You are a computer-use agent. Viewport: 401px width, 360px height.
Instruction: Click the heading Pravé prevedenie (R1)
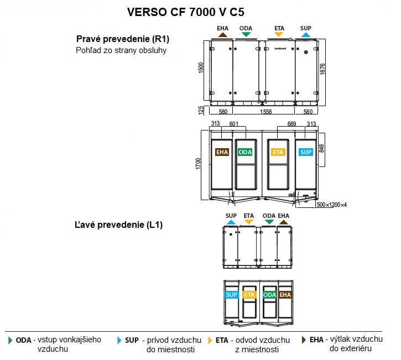click(122, 39)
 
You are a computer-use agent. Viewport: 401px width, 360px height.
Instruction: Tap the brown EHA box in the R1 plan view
click(222, 152)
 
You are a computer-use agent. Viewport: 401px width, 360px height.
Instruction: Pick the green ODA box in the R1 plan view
click(245, 152)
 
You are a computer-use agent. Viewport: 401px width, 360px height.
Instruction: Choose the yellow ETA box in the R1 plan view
click(278, 152)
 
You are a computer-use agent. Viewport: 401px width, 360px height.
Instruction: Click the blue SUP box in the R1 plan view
click(305, 152)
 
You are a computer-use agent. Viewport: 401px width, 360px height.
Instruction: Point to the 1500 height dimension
click(202, 68)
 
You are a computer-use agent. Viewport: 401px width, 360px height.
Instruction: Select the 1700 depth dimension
click(202, 164)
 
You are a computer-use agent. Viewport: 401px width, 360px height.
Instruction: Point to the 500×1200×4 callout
click(332, 205)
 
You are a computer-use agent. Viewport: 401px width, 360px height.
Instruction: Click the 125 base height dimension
click(202, 110)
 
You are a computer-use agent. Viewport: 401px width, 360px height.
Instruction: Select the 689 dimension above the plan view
click(291, 124)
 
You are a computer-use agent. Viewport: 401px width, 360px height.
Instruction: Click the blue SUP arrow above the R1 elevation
click(306, 34)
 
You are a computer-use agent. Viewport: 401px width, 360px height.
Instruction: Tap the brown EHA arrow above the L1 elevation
click(284, 222)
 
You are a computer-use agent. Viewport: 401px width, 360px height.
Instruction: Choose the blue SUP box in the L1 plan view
click(232, 295)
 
